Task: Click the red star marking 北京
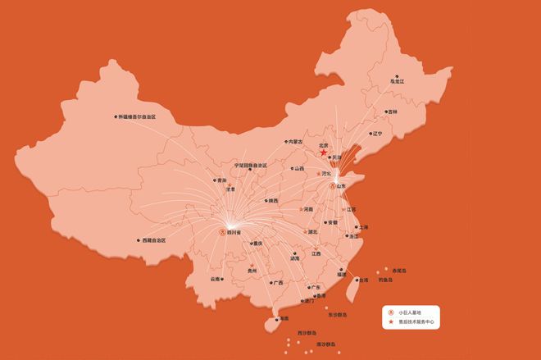323,153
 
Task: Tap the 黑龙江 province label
397,81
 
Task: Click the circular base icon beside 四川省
224,233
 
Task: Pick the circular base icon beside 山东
333,186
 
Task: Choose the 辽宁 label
376,133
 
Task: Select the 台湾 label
363,280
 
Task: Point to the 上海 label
363,226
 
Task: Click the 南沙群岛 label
328,344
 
